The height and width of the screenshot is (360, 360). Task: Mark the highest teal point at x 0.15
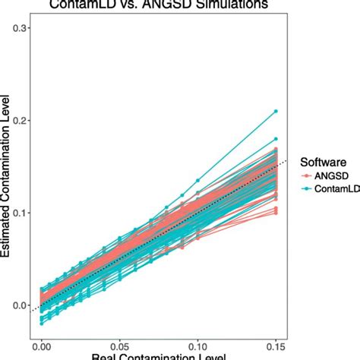tap(276, 111)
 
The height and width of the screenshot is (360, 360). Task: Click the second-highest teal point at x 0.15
tap(276, 139)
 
